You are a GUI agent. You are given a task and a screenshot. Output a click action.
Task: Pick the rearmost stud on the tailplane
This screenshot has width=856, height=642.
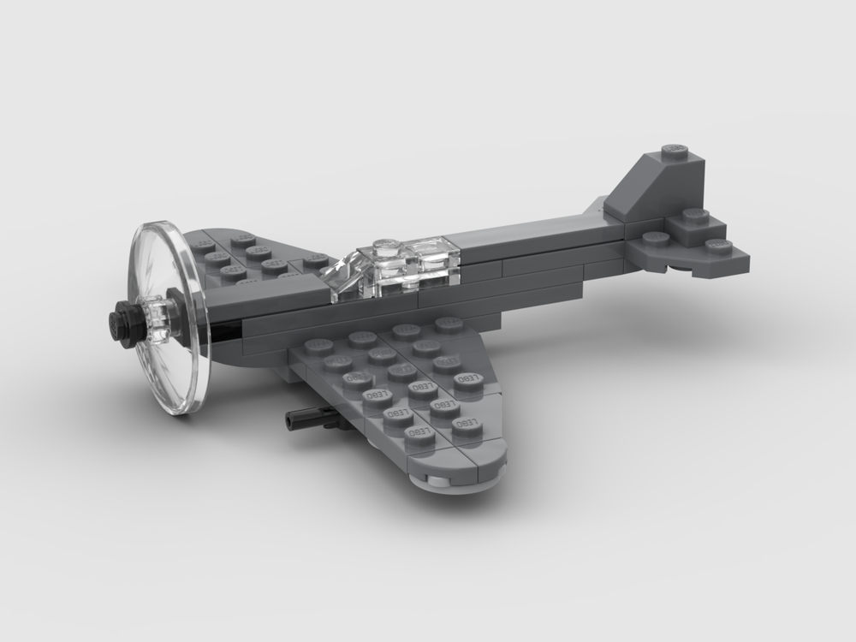(720, 247)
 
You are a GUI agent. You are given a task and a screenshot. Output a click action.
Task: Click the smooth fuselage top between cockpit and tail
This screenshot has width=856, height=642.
(531, 235)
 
